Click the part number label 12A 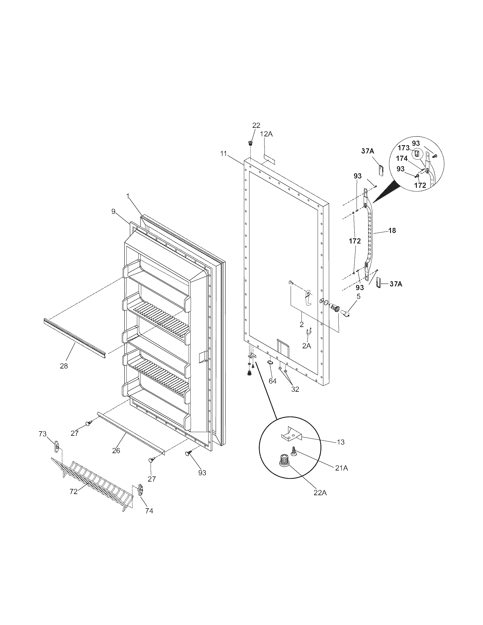coord(266,134)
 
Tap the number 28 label coord(64,366)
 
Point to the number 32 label coord(295,389)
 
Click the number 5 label coord(358,297)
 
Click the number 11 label coord(224,153)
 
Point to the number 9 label coord(113,211)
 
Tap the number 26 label coord(116,451)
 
